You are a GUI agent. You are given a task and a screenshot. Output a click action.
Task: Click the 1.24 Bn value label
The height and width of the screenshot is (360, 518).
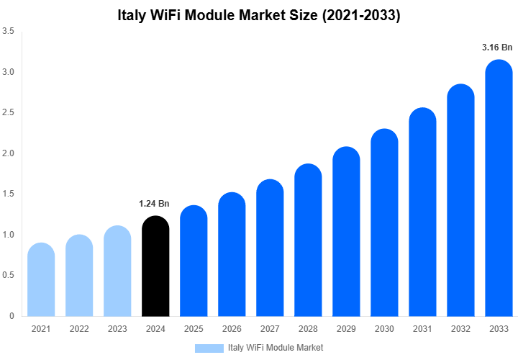pos(154,204)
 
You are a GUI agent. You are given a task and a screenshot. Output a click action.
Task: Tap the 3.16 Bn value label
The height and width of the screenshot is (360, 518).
pos(497,48)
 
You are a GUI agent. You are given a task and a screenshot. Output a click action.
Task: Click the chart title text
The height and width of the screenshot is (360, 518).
pos(259,14)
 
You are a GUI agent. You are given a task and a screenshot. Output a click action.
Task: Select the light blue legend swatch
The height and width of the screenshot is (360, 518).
pos(209,348)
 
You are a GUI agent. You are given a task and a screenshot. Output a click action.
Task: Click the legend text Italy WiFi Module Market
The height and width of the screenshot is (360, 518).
pos(276,348)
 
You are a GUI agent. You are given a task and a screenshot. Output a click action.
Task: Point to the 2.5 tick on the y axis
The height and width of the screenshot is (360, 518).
pos(9,113)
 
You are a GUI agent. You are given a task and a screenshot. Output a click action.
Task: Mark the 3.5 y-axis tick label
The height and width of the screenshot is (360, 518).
pos(9,32)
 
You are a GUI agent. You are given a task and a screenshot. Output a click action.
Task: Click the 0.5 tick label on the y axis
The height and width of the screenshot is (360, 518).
pos(9,276)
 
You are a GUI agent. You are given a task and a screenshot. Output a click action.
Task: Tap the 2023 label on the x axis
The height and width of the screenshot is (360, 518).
pos(117,328)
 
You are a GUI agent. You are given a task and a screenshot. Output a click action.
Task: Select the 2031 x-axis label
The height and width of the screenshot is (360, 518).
pos(422,328)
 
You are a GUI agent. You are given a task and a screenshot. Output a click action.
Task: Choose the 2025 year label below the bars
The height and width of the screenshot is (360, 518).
pos(194,328)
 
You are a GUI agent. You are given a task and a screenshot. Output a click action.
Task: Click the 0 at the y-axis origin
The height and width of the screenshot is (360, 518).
pos(12,316)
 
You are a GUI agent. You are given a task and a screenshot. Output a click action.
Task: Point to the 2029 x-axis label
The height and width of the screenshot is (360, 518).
pos(346,328)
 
